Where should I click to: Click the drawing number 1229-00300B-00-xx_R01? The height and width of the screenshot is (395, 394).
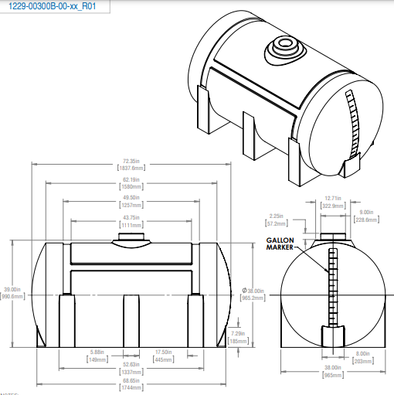tap(53, 6)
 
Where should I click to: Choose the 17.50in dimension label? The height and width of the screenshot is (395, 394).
tap(162, 356)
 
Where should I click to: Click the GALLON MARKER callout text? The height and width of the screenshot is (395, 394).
tap(281, 243)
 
